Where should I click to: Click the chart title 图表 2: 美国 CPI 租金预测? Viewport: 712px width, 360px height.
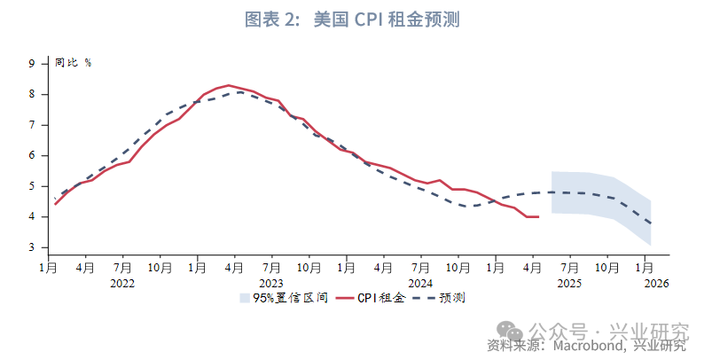click(x=356, y=20)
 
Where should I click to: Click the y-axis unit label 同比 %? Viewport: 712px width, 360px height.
click(x=74, y=63)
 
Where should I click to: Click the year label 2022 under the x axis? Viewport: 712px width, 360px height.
click(x=122, y=283)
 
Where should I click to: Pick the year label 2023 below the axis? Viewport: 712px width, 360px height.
click(x=271, y=283)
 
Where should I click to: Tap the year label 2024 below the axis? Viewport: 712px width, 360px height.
click(x=420, y=283)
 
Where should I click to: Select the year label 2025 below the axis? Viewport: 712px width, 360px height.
click(x=569, y=283)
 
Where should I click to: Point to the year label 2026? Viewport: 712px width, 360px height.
click(x=656, y=283)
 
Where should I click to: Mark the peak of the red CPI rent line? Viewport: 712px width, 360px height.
click(x=229, y=85)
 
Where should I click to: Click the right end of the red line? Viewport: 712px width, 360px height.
click(x=538, y=216)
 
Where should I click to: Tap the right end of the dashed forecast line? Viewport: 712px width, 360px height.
click(x=651, y=223)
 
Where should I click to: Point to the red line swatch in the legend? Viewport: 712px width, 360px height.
click(x=343, y=299)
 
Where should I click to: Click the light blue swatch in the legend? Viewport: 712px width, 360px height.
click(x=245, y=299)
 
